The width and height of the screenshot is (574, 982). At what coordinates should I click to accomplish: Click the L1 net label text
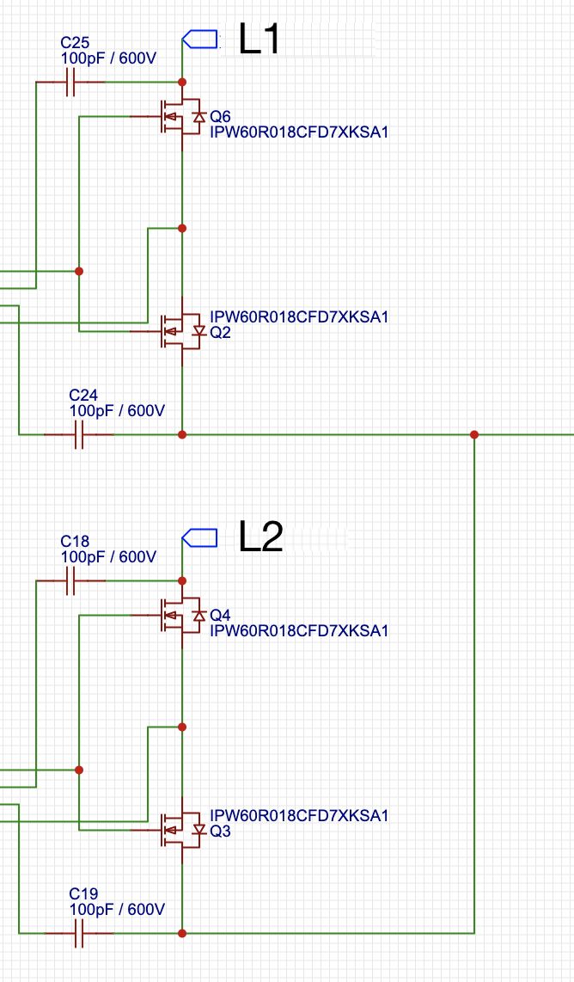click(259, 40)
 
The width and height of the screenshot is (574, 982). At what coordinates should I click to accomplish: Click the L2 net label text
click(260, 537)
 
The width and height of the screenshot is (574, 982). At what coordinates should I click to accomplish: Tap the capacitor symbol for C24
click(79, 435)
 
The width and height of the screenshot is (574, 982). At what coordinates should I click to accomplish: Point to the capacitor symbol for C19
click(79, 933)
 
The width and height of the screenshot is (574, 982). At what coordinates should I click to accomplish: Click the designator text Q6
click(220, 117)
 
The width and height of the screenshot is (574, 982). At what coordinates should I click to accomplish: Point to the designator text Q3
click(220, 831)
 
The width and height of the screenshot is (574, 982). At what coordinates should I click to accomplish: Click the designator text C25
click(74, 42)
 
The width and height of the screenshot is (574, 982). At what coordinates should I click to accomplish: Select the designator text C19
click(83, 893)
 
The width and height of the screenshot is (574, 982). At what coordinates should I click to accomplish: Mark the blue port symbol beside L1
click(199, 39)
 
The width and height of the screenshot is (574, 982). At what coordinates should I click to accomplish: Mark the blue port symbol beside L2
click(199, 537)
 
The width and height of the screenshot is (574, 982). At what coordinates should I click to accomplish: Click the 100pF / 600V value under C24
click(117, 411)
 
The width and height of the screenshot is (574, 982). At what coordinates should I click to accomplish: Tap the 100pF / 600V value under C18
click(108, 557)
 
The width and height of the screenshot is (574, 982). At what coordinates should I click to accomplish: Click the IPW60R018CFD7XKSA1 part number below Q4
click(299, 631)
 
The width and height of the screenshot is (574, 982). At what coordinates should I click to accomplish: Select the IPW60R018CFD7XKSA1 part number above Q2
click(299, 316)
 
